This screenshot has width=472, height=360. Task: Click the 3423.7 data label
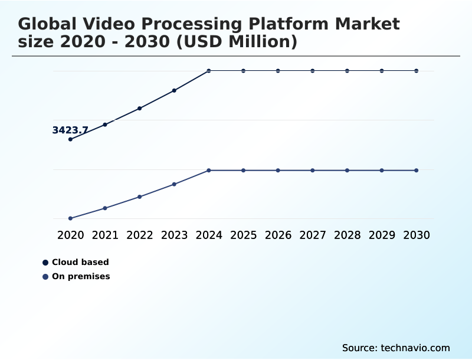tap(70, 130)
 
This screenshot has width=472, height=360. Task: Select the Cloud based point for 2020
tap(70, 139)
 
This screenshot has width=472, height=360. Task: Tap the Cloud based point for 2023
tap(174, 90)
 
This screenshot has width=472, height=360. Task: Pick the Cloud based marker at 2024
tap(209, 71)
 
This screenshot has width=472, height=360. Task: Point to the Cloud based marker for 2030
tap(417, 71)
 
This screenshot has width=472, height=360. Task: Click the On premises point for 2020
tap(70, 218)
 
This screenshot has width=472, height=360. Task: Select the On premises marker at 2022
tap(140, 197)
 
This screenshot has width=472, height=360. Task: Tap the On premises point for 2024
tap(209, 171)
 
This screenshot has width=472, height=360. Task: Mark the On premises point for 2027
tap(313, 171)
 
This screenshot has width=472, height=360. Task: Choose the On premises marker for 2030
tap(417, 171)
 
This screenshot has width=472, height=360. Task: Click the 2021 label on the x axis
tap(105, 235)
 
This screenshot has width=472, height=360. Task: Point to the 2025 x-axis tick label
tap(243, 235)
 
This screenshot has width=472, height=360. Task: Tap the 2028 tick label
tap(347, 235)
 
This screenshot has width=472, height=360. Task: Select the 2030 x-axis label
tap(417, 235)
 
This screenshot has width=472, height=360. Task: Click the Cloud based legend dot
tap(45, 263)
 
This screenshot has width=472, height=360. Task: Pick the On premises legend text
tap(81, 276)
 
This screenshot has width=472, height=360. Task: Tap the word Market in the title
tap(367, 24)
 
